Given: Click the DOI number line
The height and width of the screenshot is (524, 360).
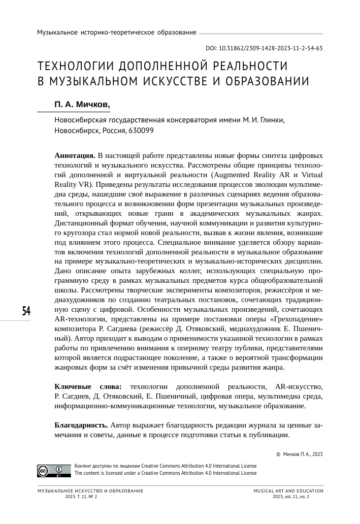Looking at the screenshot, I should pyautogui.click(x=264, y=49).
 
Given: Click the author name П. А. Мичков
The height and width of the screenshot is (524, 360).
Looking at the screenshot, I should pyautogui.click(x=82, y=105).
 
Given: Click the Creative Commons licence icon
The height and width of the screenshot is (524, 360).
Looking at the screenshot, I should pyautogui.click(x=53, y=470).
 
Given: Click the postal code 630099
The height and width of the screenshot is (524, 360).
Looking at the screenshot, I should pyautogui.click(x=140, y=130).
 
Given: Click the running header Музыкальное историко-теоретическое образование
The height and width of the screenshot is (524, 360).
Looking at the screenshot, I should pyautogui.click(x=117, y=32).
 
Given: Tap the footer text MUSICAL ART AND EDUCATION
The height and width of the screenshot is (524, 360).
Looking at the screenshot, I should pyautogui.click(x=288, y=492).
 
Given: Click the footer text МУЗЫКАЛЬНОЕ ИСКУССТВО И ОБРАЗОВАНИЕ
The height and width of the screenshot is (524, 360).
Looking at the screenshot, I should pyautogui.click(x=90, y=492).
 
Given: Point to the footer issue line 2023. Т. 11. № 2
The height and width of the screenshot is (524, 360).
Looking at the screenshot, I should pyautogui.click(x=81, y=497).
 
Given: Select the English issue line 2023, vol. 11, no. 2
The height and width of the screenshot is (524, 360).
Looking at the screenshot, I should pyautogui.click(x=290, y=497).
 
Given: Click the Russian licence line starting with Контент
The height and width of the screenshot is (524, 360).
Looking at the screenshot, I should pyautogui.click(x=165, y=466).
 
